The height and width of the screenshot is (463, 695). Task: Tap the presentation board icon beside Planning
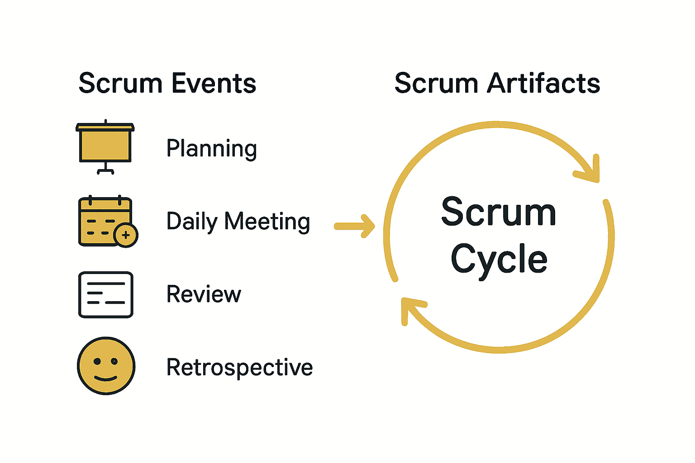click(105, 144)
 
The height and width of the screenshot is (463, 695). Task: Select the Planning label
click(211, 149)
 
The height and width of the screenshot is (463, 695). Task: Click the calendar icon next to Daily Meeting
click(105, 221)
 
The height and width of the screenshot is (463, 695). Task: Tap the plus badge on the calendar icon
click(126, 235)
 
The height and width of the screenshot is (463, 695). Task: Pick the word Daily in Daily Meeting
click(192, 222)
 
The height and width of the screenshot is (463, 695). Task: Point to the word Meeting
click(267, 222)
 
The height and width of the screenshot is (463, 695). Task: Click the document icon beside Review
click(105, 295)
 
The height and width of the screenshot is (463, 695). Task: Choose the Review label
click(204, 294)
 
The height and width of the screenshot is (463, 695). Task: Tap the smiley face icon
click(106, 366)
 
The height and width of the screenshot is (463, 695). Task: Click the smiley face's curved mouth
click(106, 378)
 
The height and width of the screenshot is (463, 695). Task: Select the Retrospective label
click(239, 367)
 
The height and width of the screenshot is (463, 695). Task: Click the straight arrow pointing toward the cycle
click(355, 226)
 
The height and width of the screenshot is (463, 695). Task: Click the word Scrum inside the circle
click(499, 212)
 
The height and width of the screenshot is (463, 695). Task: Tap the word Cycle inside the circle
click(499, 259)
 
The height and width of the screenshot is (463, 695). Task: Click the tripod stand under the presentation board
click(105, 169)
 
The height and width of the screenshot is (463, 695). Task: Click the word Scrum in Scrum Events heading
click(120, 84)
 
